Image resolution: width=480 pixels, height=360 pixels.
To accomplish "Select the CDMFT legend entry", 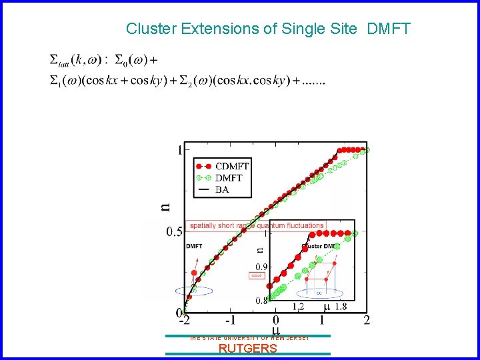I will tap(231, 166).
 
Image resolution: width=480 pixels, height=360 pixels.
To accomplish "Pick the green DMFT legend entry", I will tap(228, 177).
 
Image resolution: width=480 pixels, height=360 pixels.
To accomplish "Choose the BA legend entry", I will tap(221, 189).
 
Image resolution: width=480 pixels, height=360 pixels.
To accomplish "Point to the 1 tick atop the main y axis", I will tap(179, 150).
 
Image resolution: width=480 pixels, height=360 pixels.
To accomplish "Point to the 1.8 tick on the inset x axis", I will tap(340, 307).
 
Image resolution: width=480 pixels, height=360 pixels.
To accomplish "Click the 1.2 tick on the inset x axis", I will tap(299, 307).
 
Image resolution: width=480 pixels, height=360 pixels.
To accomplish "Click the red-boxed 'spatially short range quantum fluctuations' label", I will tap(256, 225).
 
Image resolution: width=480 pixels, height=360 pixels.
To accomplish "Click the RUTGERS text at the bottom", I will tap(248, 349).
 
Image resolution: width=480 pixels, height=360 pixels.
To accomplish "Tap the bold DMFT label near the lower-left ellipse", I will tap(194, 246).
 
